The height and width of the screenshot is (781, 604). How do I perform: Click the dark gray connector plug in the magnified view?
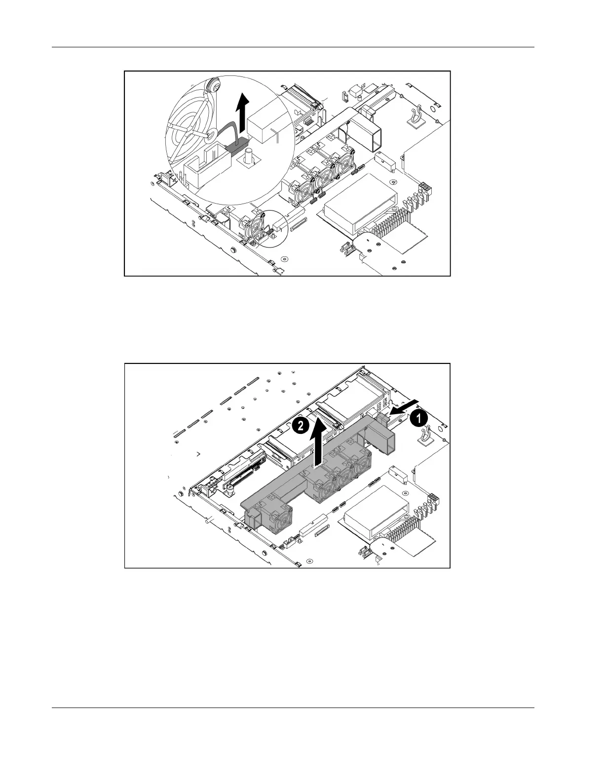tap(236, 145)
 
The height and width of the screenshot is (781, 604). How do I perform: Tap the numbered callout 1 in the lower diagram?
tap(417, 419)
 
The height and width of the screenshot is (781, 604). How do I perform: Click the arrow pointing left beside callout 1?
tap(399, 411)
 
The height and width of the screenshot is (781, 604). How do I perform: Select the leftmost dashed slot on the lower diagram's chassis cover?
tap(176, 433)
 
